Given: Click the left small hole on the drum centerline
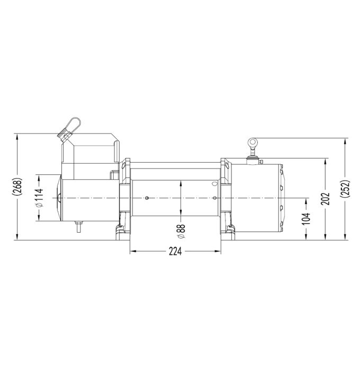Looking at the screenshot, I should (x=146, y=198).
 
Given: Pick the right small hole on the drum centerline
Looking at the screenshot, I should (x=214, y=198).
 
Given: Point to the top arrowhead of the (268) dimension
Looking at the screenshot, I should (x=19, y=136).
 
